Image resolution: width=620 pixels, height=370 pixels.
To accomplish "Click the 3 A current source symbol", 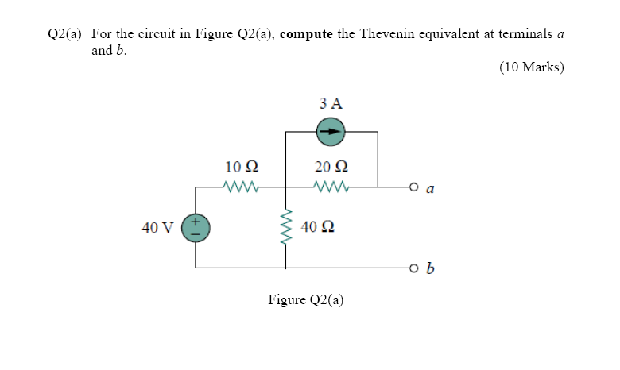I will tap(331, 132).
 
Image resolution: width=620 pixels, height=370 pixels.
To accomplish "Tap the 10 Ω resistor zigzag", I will tap(241, 187).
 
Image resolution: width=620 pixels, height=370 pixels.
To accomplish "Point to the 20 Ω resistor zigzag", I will tap(331, 187).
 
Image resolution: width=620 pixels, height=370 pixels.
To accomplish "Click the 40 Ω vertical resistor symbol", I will tap(285, 228).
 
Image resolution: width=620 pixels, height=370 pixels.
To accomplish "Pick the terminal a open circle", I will tap(413, 188).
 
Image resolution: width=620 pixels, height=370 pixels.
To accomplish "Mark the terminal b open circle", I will tap(413, 268).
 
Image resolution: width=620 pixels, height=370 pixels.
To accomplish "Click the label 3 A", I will tap(331, 103).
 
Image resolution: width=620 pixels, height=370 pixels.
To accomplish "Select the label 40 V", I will tap(157, 228).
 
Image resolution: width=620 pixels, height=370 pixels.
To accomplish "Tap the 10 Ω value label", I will tap(241, 168).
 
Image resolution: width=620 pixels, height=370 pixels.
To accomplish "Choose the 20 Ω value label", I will tap(331, 168).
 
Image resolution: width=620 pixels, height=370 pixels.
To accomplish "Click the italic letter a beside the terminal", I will tap(430, 190).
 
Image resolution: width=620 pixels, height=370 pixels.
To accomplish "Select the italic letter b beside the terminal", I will tap(430, 268).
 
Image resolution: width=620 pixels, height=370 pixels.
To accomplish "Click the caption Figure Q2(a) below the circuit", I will tap(306, 300).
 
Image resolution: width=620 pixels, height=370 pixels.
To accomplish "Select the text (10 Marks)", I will tap(532, 67).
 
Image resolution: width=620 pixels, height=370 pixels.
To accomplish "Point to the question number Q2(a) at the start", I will tap(66, 34).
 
